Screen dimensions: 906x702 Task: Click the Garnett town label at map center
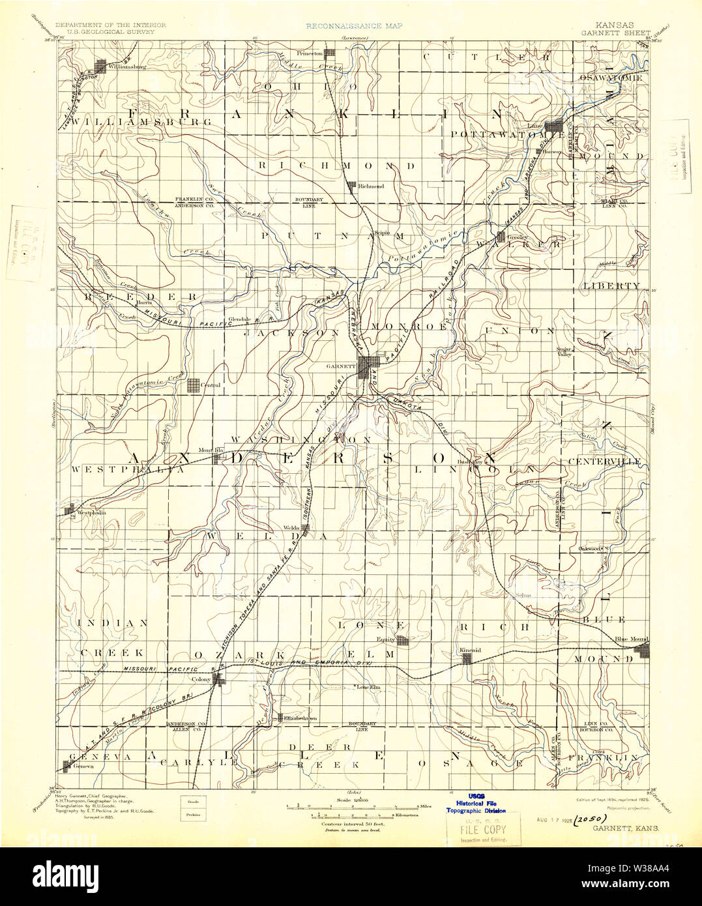(342, 366)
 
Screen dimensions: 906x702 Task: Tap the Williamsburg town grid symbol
(101, 66)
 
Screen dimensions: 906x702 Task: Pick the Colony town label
(201, 679)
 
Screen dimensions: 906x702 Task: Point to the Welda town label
(291, 528)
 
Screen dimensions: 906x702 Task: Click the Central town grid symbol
(194, 385)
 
